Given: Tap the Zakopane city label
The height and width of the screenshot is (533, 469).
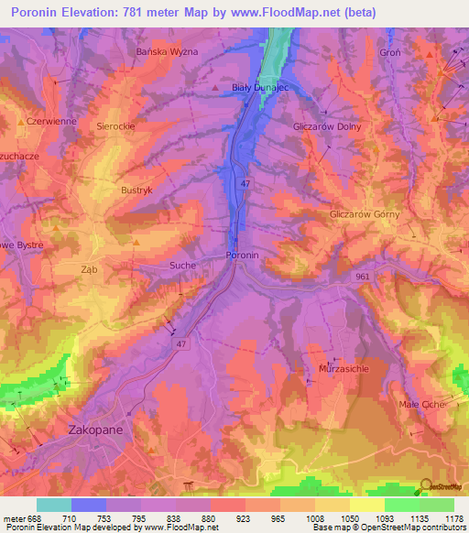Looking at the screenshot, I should (x=95, y=429).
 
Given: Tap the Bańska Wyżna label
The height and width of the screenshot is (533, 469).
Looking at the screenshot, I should (x=167, y=52).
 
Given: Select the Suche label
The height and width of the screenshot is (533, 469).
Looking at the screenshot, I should (x=180, y=263).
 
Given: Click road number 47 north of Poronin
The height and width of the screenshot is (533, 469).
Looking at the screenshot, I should (x=245, y=184).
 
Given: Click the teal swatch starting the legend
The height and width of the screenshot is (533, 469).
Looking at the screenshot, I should (x=54, y=505).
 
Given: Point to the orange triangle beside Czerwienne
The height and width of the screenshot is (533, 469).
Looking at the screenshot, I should (x=20, y=121).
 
